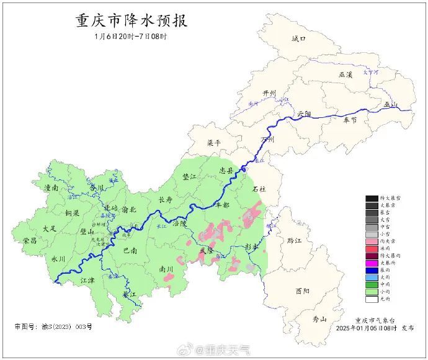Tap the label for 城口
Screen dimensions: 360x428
pos(299,38)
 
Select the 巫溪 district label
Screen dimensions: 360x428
pos(345,74)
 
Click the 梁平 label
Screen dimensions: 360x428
pos(213,142)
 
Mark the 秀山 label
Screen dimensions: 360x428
pos(319,319)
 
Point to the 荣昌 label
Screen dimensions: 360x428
pos(30,240)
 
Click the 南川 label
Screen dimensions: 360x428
pos(166,269)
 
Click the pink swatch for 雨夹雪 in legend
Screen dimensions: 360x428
pos(372,240)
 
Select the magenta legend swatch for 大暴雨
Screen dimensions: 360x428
pos(372,263)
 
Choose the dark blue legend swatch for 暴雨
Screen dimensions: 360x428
pos(372,270)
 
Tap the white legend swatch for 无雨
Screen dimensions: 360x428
pos(372,299)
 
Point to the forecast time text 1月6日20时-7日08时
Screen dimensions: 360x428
pos(131,37)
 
